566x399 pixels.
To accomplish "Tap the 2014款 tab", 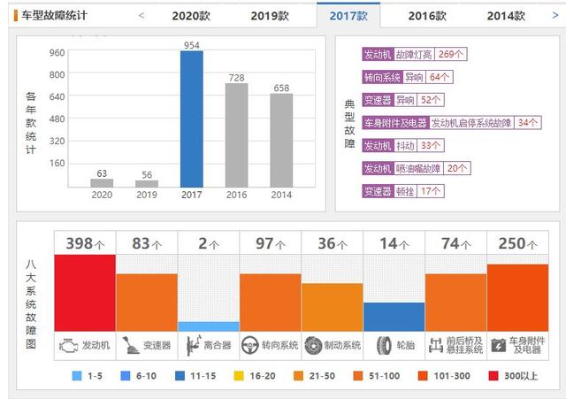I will pyautogui.click(x=505, y=15).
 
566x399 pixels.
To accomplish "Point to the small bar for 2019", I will pyautogui.click(x=147, y=184).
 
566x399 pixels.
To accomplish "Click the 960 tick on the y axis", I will pyautogui.click(x=57, y=52).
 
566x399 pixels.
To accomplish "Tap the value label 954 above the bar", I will pyautogui.click(x=192, y=45).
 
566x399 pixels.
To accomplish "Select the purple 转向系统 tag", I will pyautogui.click(x=382, y=77).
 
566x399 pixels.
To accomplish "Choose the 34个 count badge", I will pyautogui.click(x=528, y=122).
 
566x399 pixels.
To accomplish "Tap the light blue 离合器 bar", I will pyautogui.click(x=209, y=326).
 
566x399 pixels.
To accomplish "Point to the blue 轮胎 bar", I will pyautogui.click(x=394, y=317).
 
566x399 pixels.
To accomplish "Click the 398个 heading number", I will pyautogui.click(x=85, y=243).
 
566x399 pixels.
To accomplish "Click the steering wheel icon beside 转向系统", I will pyautogui.click(x=250, y=345).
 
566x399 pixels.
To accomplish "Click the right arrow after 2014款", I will pyautogui.click(x=555, y=15).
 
